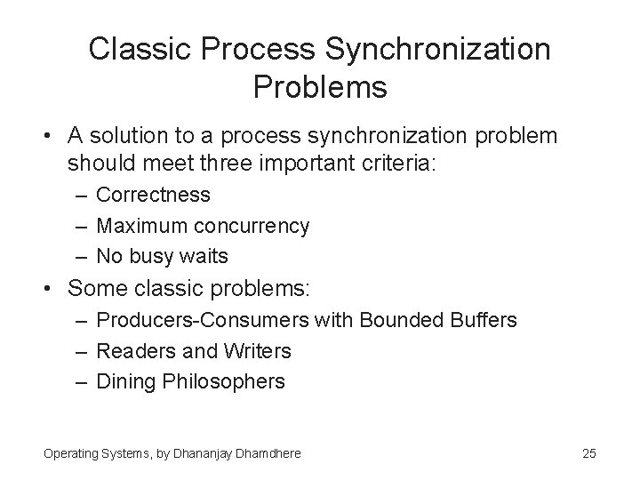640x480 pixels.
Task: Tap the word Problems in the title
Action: pyautogui.click(x=320, y=87)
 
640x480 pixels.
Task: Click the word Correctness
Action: pyautogui.click(x=153, y=195)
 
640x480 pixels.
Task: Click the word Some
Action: pyautogui.click(x=93, y=288)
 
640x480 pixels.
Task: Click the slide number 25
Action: pyautogui.click(x=588, y=453)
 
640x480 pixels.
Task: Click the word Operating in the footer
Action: pyautogui.click(x=69, y=453)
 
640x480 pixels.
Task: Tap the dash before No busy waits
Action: pyautogui.click(x=79, y=257)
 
